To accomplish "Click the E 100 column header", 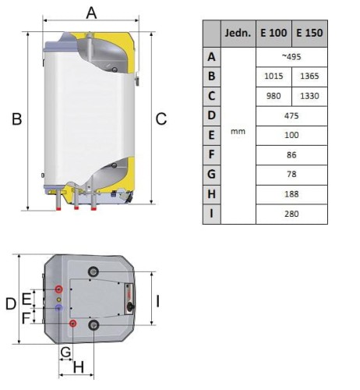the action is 274,33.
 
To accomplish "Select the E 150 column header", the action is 309,33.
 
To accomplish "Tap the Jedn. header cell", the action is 238,33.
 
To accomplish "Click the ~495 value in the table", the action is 291,57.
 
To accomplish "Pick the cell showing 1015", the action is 274,76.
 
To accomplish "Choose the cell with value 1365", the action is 309,76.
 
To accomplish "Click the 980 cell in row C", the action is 274,96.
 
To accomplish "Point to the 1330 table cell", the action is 309,96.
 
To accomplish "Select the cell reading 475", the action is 291,115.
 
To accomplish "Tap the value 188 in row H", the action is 291,194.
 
